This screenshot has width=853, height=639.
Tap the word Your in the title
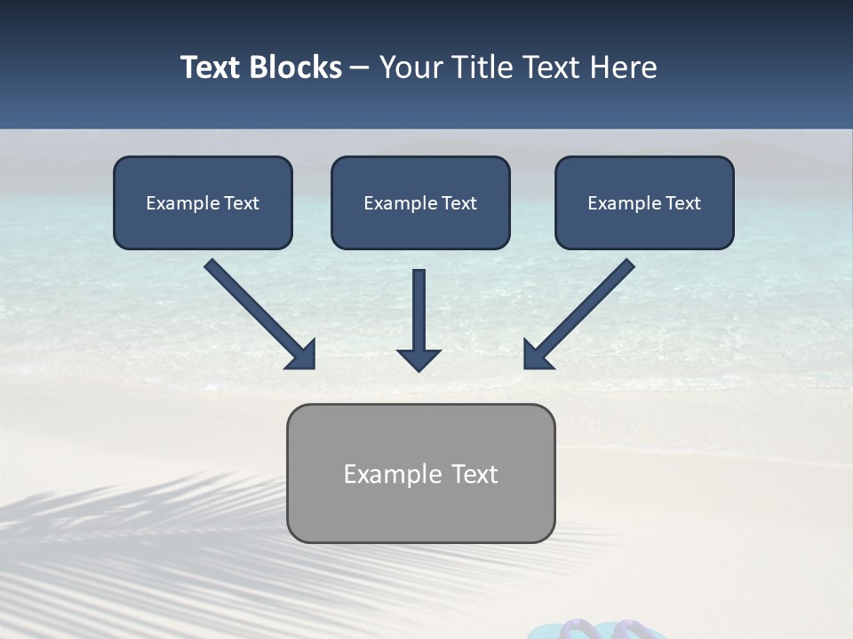point(411,67)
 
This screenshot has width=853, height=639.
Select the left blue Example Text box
point(203,202)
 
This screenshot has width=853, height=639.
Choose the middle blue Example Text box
point(420,202)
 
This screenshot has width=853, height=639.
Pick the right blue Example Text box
point(644,202)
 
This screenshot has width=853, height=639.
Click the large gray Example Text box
point(420,473)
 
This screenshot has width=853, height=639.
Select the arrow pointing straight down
point(419,319)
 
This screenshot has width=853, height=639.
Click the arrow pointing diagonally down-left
point(578,314)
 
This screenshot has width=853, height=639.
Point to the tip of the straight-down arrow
point(419,368)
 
